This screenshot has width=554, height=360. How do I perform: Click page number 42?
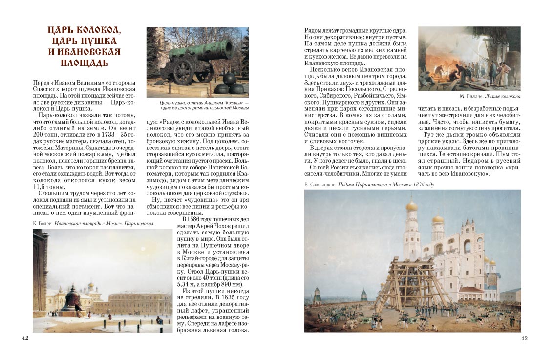click(x=26, y=339)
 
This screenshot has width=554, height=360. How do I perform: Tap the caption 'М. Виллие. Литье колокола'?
click(x=490, y=97)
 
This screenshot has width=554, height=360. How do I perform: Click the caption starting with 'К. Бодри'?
click(x=93, y=223)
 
